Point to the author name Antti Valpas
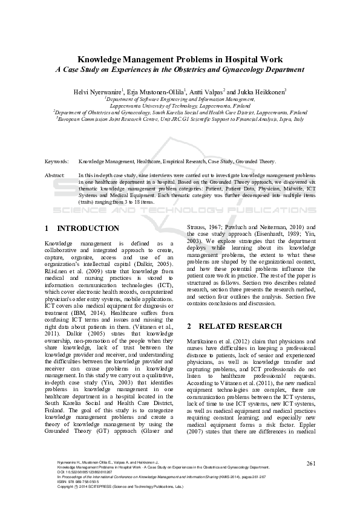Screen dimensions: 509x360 tap(205, 91)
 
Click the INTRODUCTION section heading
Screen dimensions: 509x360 tap(88, 229)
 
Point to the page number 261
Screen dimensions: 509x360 tap(312, 481)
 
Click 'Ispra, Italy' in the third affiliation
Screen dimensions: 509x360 tap(290, 119)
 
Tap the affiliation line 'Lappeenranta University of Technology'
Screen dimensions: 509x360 tap(180, 105)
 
